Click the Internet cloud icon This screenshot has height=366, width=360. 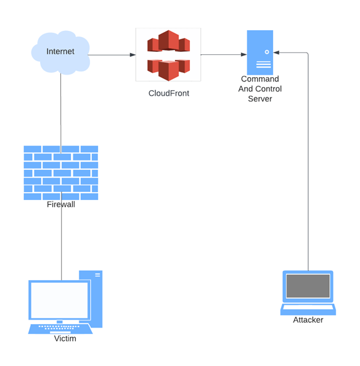coord(60,52)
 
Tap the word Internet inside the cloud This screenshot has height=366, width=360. coord(60,51)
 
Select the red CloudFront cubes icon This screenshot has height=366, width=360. coord(168,56)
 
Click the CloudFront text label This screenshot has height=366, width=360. coord(169,93)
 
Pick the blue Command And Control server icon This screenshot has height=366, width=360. coord(260,52)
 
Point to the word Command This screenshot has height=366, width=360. coord(260,79)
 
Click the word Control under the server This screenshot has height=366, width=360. coord(269,89)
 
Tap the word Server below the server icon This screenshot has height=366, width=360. coord(260,99)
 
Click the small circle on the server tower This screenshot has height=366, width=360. coord(267,52)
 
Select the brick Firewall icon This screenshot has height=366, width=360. coord(61,173)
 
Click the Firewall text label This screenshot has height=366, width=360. coord(61,204)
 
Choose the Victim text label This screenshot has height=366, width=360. coord(65,338)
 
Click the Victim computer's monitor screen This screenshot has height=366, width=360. coord(59,300)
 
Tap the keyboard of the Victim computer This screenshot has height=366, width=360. coord(60,328)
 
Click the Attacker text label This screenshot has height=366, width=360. coord(308,320)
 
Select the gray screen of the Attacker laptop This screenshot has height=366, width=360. coord(308,286)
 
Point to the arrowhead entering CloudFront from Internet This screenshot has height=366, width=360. coord(133,55)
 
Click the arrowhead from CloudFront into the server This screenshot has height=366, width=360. coord(244,54)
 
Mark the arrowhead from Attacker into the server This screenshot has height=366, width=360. coord(276,52)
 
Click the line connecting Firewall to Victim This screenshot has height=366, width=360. coord(62,236)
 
